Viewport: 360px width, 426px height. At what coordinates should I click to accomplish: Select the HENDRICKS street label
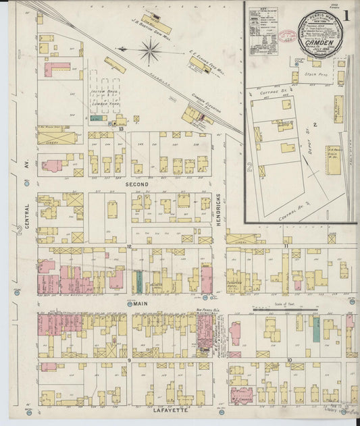[x=220, y=210]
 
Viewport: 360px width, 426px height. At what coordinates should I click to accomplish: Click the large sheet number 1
[x=346, y=15]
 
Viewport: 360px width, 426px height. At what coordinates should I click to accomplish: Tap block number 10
[x=290, y=360]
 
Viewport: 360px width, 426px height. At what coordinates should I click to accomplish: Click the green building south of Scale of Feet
[x=315, y=329]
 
